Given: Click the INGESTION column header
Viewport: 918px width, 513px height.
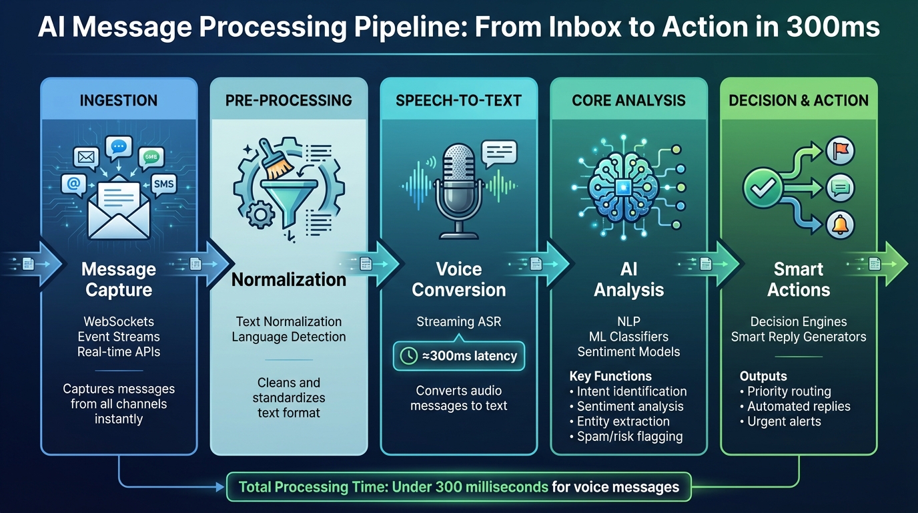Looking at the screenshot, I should click(x=119, y=100).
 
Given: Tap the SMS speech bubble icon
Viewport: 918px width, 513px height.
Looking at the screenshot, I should click(x=163, y=183).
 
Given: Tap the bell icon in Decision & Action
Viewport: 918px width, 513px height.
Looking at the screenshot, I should click(x=839, y=224).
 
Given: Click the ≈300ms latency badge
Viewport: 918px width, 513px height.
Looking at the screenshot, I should click(x=458, y=356).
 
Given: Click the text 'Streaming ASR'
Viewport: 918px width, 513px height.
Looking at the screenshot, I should click(x=458, y=322).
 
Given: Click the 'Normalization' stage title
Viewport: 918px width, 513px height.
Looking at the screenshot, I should click(x=288, y=279).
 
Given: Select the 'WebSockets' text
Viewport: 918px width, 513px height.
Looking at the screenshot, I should click(x=119, y=321).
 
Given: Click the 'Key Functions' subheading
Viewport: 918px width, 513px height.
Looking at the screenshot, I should click(x=610, y=376).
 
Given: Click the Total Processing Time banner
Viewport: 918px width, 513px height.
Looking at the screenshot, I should click(x=459, y=487).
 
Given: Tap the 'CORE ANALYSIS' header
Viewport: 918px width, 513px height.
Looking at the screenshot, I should click(x=628, y=100).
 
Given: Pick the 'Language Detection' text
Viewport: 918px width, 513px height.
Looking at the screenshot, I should click(x=288, y=337).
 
